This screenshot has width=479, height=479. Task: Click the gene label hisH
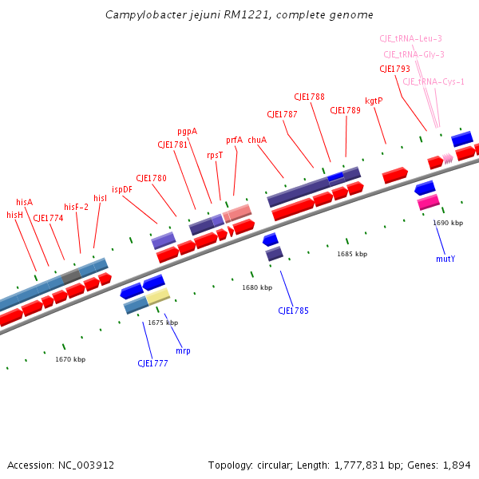15,215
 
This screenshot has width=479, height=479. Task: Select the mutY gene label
445,259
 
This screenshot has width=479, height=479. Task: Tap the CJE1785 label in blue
293,311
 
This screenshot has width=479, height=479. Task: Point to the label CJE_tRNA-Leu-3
410,38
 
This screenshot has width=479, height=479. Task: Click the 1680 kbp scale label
257,287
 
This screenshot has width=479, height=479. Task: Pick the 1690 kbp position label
448,223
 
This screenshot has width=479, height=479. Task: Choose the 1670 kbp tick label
70,359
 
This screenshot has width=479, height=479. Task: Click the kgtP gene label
374,101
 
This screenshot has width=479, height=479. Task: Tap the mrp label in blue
183,350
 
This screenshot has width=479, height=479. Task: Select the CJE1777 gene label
152,363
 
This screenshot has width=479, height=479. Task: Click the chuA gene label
257,140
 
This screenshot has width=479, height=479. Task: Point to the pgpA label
187,131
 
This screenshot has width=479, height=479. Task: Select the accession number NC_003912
85,465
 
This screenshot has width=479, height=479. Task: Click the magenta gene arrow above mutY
428,203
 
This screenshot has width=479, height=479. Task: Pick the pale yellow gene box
158,297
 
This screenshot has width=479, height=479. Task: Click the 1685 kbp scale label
352,254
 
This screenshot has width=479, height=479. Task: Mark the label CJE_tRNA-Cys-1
433,81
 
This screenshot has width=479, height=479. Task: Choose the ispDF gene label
122,189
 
